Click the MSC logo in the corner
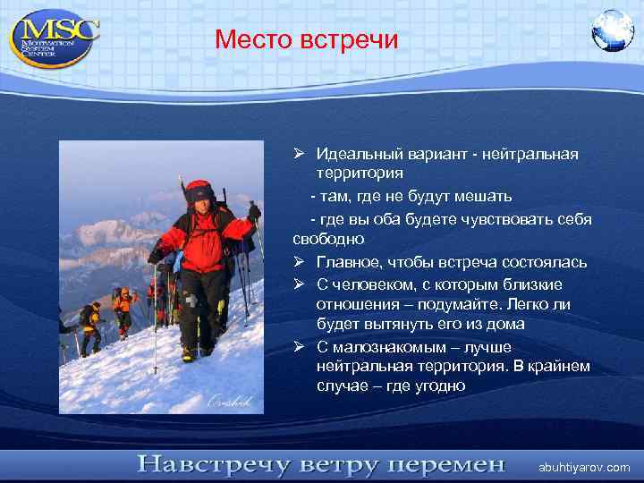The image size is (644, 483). pos(55,37)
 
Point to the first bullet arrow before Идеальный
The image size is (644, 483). pos(300,154)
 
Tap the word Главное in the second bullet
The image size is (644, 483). pos(347,261)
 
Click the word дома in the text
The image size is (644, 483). pos(505,325)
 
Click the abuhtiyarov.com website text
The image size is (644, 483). pos(583,467)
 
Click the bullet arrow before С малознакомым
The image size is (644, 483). pos(300,346)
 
